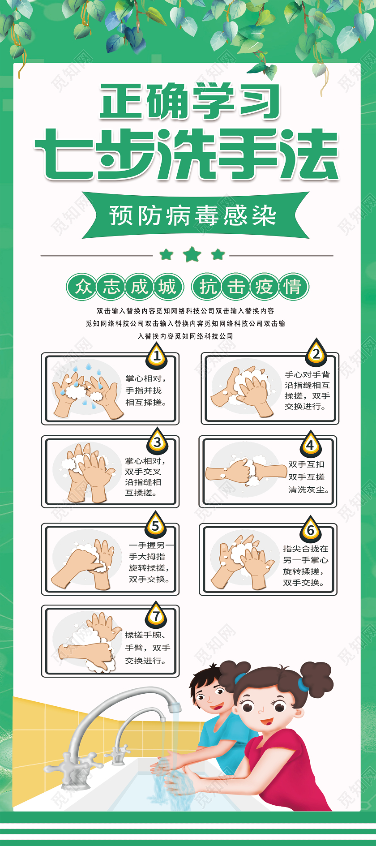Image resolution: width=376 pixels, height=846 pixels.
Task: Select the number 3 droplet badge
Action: (x=157, y=441)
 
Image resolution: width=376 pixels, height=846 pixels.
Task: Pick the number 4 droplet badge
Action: (x=310, y=444)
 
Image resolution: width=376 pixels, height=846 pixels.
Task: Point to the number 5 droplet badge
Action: (x=155, y=524)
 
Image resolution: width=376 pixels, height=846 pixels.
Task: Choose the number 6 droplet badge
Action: (x=311, y=529)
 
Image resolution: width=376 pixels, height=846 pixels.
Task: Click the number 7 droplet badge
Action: (x=156, y=615)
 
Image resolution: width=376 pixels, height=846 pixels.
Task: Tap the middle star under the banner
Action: (x=192, y=254)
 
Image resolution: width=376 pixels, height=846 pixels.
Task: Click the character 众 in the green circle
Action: (x=82, y=287)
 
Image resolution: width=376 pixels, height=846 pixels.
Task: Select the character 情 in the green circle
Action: (x=294, y=287)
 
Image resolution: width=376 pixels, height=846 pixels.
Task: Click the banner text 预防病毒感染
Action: (x=193, y=216)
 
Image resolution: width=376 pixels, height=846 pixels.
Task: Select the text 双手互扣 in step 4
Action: (x=306, y=464)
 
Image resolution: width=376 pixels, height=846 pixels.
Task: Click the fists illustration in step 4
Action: (x=246, y=472)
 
